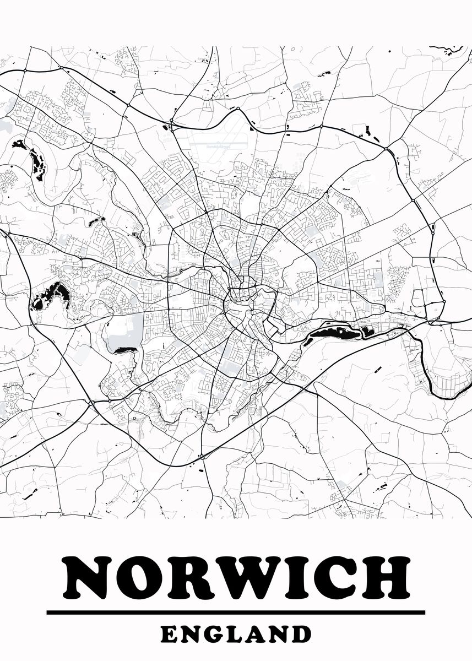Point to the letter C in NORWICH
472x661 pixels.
click(332, 578)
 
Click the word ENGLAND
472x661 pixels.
click(236, 634)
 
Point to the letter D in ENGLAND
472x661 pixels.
click(301, 634)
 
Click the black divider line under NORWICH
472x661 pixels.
click(236, 612)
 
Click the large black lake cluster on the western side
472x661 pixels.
click(51, 294)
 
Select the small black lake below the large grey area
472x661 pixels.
click(126, 350)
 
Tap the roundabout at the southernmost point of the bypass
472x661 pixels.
click(203, 456)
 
